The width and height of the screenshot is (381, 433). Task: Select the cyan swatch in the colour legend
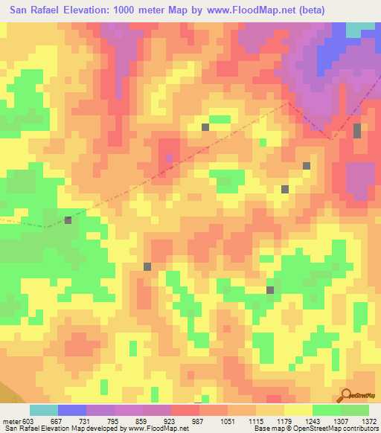coord(44,410)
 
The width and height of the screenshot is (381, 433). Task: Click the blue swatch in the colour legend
coord(72,410)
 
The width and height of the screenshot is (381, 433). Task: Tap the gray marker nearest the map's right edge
coord(357,131)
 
